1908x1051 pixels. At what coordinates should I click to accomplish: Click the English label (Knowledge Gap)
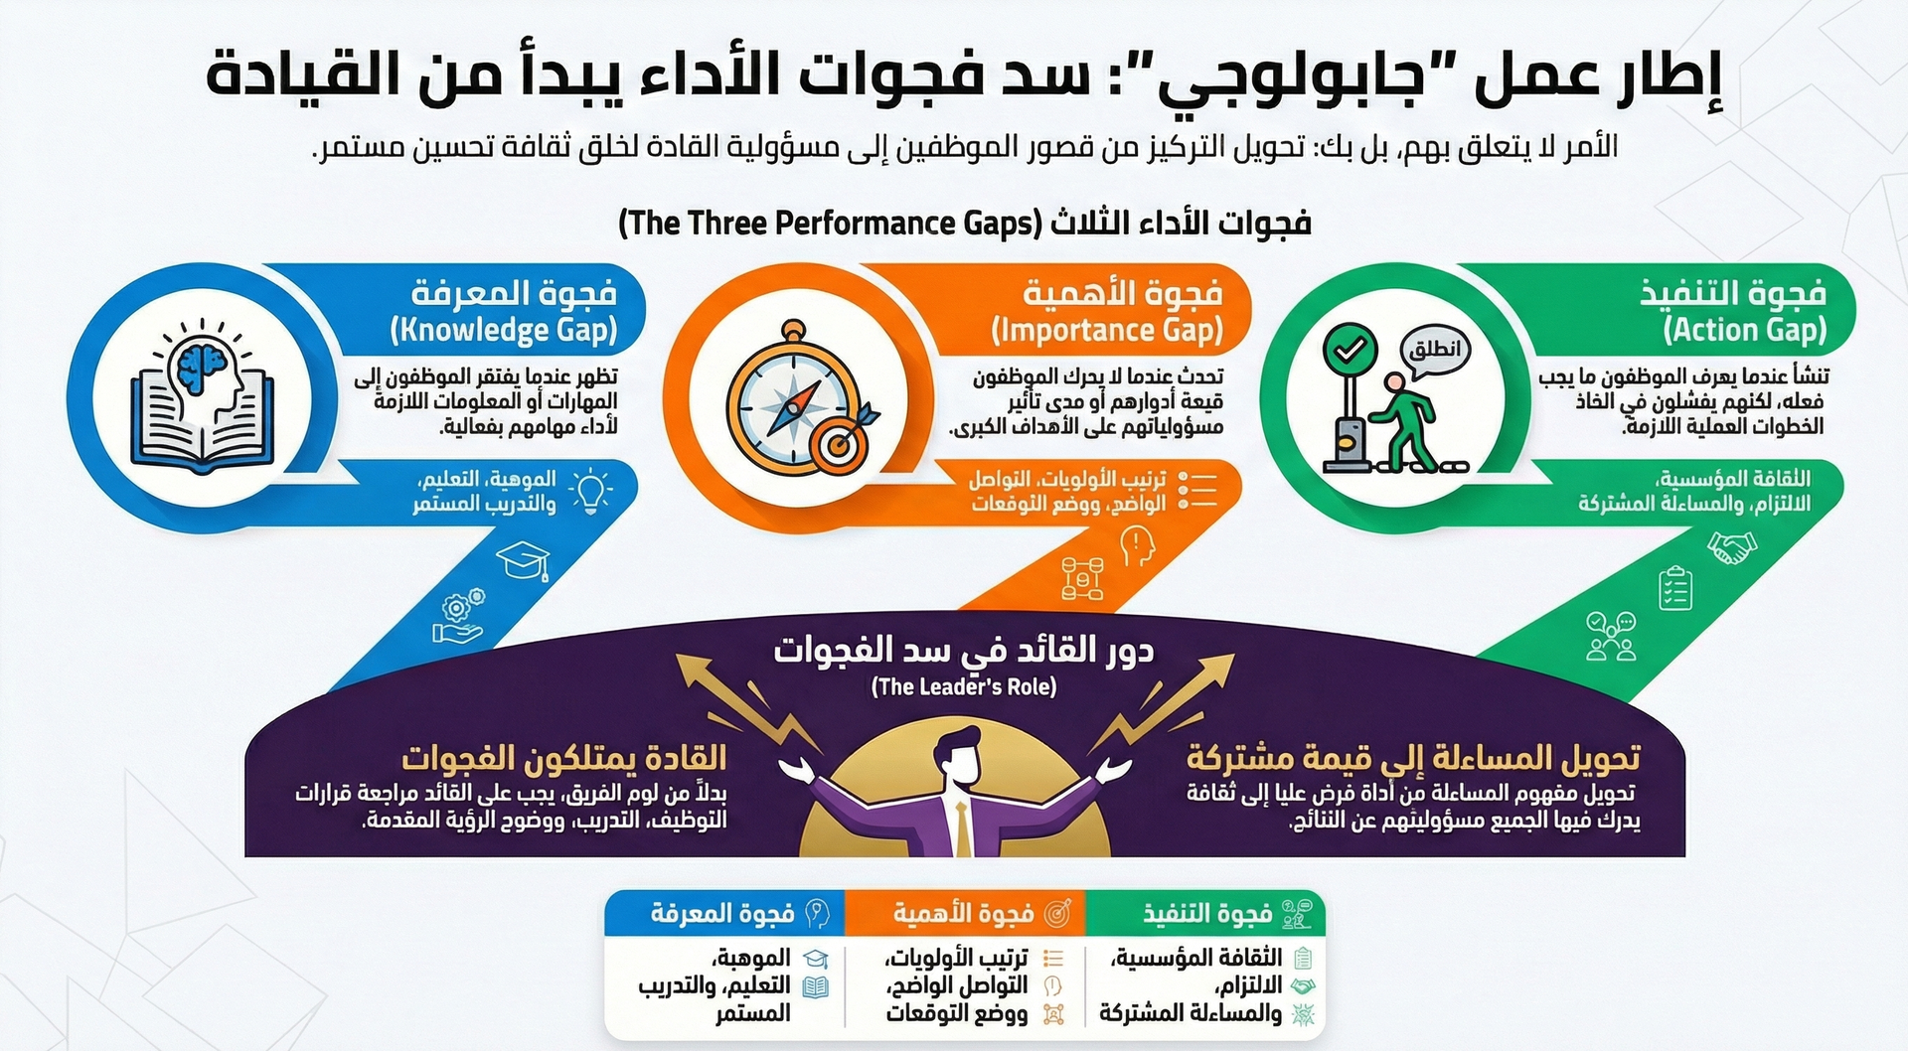[504, 330]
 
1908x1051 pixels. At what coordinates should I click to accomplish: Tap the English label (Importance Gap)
[1107, 330]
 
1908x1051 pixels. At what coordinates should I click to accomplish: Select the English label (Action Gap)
[1745, 330]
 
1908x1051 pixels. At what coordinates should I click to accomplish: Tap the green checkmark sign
[1351, 350]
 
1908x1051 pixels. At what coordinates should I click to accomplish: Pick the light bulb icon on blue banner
[590, 489]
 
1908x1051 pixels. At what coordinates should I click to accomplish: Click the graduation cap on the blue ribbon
[523, 560]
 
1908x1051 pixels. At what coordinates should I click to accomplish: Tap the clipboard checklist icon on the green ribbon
[1675, 587]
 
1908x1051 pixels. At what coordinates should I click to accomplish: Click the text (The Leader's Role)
[963, 686]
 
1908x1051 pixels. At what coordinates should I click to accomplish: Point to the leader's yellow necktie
[962, 826]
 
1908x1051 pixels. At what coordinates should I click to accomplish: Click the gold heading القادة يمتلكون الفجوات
[563, 759]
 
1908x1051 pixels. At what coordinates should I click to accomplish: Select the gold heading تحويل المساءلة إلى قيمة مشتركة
[1413, 759]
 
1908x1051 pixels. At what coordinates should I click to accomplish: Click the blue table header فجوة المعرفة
[722, 914]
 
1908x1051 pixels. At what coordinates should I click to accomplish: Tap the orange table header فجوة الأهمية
[963, 914]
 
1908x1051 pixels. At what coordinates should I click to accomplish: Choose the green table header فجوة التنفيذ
[1207, 914]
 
